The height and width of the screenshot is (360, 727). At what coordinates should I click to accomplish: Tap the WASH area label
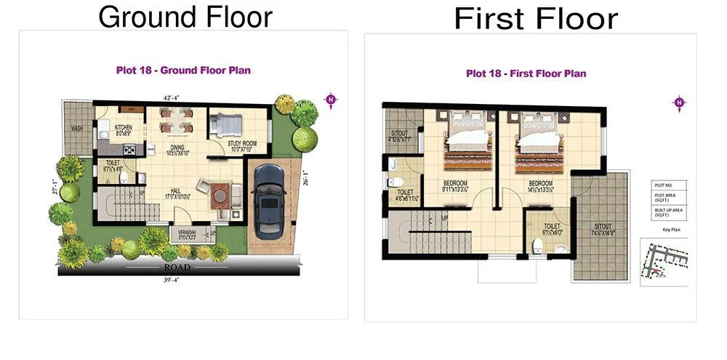pos(76,129)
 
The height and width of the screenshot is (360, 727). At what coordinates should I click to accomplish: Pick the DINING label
pos(177,148)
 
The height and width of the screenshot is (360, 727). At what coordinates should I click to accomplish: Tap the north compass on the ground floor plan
pos(331,100)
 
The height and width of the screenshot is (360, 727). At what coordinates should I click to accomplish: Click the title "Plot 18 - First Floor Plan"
pos(526,73)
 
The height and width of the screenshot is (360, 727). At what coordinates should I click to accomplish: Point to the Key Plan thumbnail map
pos(664,260)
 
